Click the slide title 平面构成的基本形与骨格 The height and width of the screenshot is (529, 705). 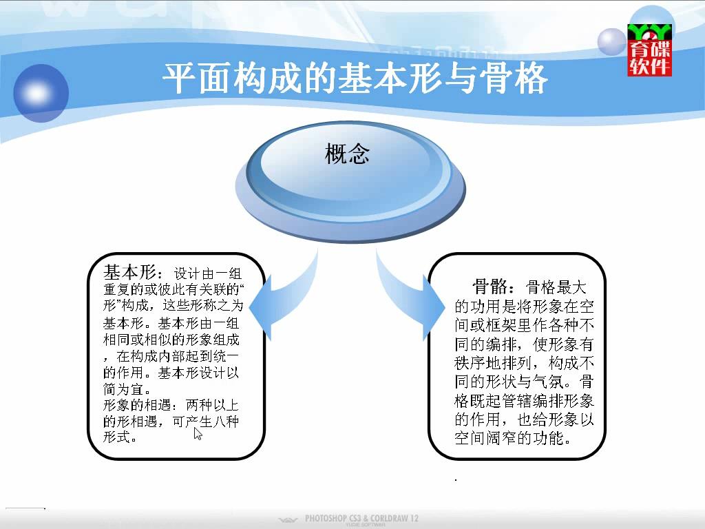pos(355,79)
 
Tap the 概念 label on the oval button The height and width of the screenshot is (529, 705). pos(347,154)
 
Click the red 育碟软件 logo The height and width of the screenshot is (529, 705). pos(649,50)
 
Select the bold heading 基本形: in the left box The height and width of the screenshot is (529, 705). pos(132,272)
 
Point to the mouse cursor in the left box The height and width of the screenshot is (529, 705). pos(198,434)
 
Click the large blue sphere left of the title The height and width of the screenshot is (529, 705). pos(41,93)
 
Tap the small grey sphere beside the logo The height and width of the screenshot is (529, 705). pos(611,42)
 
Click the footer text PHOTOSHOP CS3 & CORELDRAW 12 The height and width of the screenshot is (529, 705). pos(361,518)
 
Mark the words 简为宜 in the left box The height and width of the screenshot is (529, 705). pos(123,388)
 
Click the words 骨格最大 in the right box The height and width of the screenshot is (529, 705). pos(556,287)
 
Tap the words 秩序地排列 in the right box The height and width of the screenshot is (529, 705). pos(493,362)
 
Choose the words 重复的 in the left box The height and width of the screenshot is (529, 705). pos(123,289)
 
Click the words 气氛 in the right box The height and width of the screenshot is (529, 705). pos(549,382)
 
